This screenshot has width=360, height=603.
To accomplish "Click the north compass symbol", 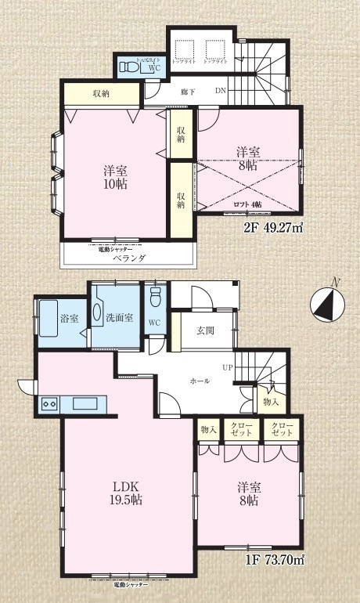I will pyautogui.click(x=326, y=304).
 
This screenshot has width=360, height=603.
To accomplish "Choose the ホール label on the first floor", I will pyautogui.click(x=199, y=381).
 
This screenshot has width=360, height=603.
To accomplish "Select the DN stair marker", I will pyautogui.click(x=221, y=90).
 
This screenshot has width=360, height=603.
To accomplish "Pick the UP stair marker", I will pyautogui.click(x=228, y=366).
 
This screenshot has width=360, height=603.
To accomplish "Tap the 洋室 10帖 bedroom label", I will pyautogui.click(x=114, y=177).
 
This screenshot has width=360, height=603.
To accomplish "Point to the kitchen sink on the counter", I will pyautogui.click(x=84, y=404).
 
